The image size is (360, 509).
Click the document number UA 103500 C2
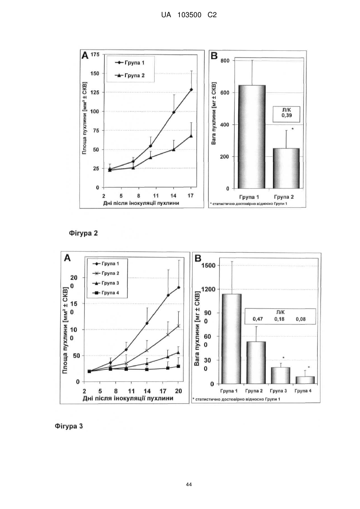[189, 15]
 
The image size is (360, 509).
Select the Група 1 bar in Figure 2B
[251, 137]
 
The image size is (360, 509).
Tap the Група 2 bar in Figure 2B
[286, 168]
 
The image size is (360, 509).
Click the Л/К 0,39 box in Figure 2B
[286, 115]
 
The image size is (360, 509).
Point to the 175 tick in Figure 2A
[95, 54]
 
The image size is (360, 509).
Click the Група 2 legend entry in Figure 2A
[130, 76]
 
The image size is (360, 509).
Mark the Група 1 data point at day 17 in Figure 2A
[191, 90]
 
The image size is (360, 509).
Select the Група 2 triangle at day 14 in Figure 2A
[174, 149]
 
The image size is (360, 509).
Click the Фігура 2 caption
[84, 234]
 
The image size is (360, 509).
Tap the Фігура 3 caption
[69, 426]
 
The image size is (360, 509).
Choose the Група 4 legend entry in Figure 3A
[106, 293]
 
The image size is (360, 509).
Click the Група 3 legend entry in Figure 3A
[106, 283]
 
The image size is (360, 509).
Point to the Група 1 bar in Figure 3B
[232, 339]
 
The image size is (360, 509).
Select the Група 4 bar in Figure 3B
[305, 380]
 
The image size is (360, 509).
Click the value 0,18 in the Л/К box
[279, 319]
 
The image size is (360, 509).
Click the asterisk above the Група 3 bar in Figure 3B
[283, 358]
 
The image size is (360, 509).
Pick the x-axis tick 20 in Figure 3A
[179, 391]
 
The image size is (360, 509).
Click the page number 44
[189, 485]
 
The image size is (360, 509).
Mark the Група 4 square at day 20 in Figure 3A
[179, 366]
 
